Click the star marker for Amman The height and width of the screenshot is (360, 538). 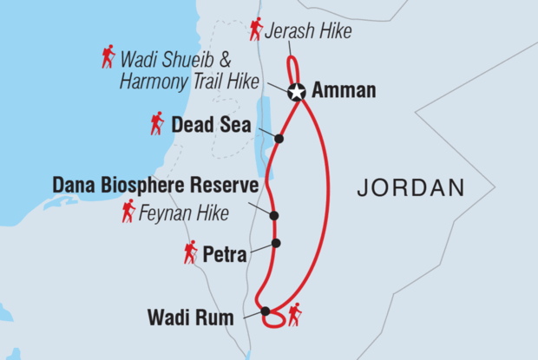(x=297, y=90)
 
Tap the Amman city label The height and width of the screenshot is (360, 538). (x=344, y=90)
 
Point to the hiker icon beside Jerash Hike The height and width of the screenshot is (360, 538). (x=256, y=29)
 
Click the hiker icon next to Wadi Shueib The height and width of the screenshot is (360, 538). (x=108, y=57)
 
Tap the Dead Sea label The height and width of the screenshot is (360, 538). (x=212, y=125)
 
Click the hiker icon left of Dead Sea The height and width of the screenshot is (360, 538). (x=156, y=123)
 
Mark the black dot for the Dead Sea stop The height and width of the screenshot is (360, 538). (x=279, y=139)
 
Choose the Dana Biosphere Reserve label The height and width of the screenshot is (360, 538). (x=156, y=186)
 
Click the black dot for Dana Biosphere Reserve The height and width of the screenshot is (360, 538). (x=274, y=216)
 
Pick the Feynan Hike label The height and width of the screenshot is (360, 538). (x=182, y=212)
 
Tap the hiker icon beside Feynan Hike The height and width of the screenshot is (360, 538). (x=128, y=211)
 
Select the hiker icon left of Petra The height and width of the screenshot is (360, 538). (x=190, y=252)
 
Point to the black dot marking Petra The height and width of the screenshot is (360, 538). (x=276, y=243)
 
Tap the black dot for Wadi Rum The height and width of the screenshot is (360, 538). (x=266, y=311)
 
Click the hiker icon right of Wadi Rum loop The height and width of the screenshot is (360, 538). (x=294, y=313)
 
